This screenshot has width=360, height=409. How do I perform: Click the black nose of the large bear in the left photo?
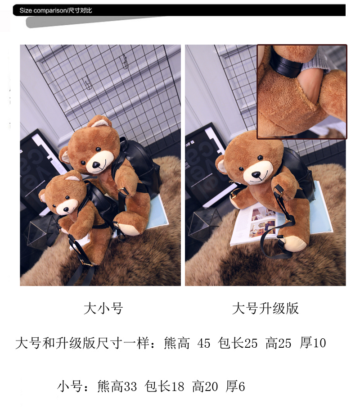coord(96,164)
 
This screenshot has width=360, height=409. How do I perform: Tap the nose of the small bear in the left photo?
coord(66,209)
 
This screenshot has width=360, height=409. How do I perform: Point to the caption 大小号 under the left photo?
coord(103,308)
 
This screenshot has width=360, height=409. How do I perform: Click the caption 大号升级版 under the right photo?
coord(265,308)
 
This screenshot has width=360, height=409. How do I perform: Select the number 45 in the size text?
coord(204,343)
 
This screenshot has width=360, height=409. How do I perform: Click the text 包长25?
coord(238,343)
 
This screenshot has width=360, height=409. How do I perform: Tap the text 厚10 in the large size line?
coord(313,343)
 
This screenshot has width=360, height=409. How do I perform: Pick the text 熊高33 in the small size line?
coord(117,386)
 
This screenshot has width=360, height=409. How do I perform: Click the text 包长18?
coord(165,386)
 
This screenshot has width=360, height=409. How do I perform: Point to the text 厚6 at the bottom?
coord(235,386)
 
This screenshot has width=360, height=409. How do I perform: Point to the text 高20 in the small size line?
coord(205,386)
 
